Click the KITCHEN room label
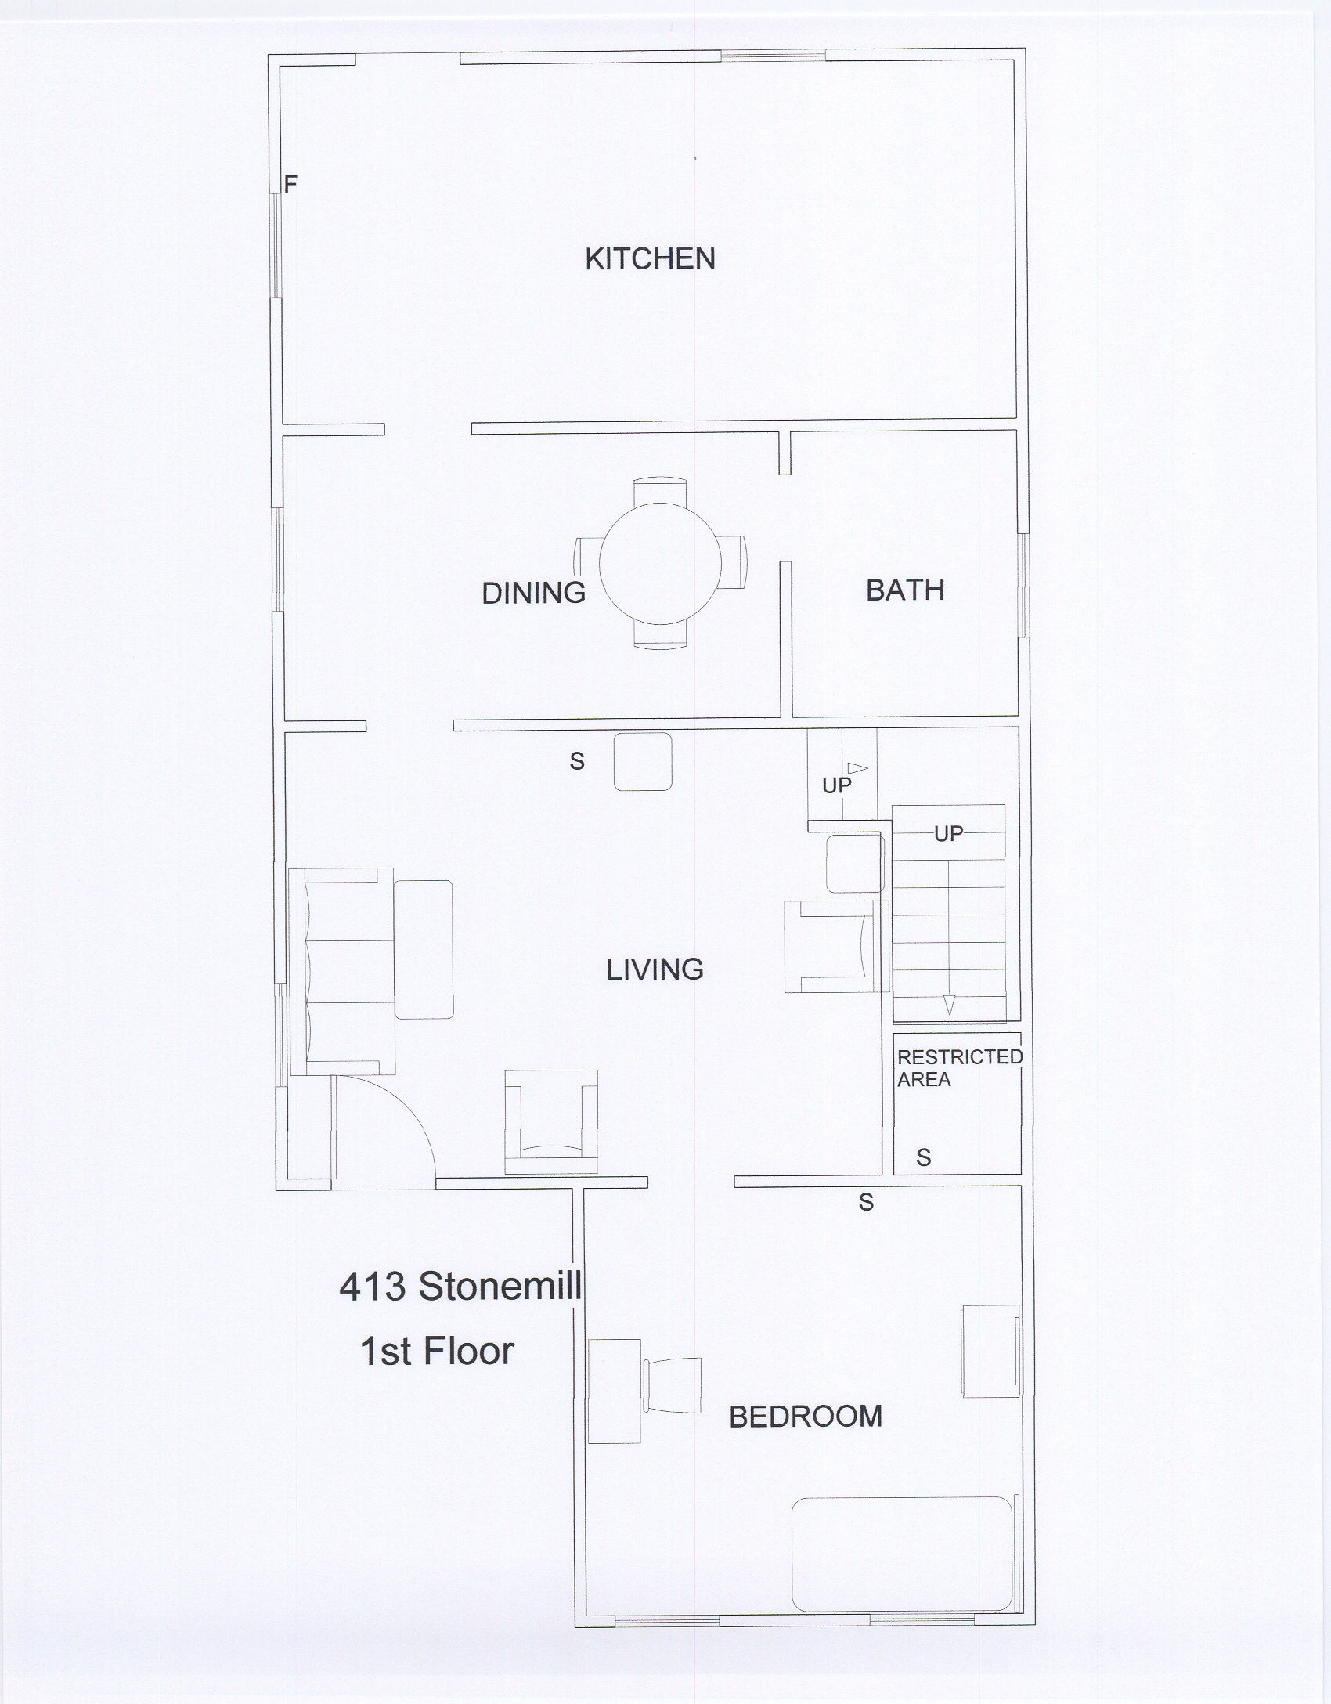(650, 259)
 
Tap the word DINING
(533, 594)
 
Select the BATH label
(905, 590)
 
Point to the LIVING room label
(655, 969)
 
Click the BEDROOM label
(806, 1417)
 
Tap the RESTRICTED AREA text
(960, 1068)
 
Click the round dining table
(660, 563)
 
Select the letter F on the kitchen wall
(290, 185)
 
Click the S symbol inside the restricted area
(924, 1157)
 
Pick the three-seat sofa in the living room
(341, 971)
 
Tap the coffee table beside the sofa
(424, 949)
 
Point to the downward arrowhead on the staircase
(949, 1005)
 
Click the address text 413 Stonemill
(460, 1286)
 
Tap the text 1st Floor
(436, 1351)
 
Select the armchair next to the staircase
(837, 947)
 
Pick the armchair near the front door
(551, 1121)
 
